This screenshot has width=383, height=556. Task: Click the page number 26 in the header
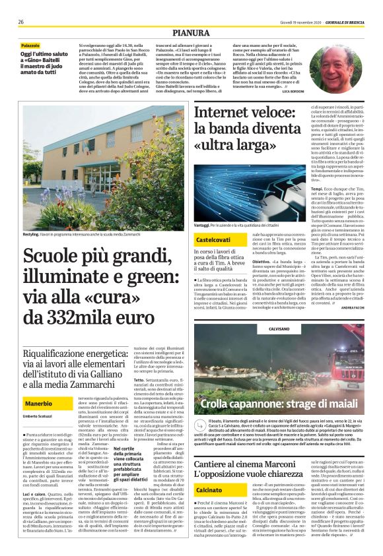21,22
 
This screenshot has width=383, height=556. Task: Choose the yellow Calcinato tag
209,472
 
